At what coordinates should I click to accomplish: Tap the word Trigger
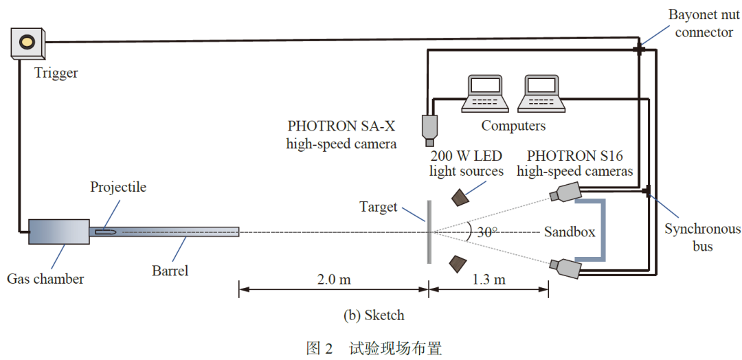[56, 73]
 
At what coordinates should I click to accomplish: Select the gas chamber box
[58, 232]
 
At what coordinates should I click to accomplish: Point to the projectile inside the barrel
[106, 232]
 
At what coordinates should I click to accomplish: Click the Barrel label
[170, 271]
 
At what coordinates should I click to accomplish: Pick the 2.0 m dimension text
[334, 280]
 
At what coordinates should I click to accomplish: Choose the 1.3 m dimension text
[488, 280]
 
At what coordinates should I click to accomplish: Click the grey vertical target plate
[429, 232]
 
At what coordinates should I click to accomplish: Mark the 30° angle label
[487, 232]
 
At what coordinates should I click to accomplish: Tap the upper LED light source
[460, 198]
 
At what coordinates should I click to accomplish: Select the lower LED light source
[458, 263]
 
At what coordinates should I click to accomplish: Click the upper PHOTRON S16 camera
[567, 192]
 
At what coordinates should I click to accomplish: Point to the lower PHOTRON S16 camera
[567, 267]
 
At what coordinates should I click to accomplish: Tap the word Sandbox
[570, 232]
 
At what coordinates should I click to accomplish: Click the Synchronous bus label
[702, 237]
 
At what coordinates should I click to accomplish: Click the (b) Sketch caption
[374, 315]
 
